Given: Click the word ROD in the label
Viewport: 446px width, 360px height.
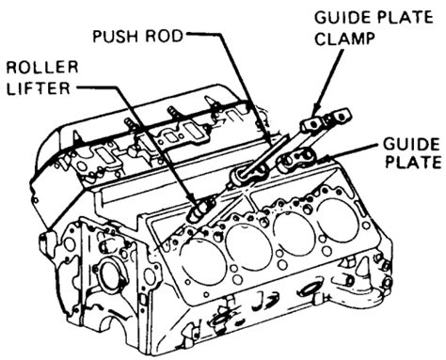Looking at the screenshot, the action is coord(164,36).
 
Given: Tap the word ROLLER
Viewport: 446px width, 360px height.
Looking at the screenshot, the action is coord(42,67).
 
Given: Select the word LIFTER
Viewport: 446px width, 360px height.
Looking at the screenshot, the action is coord(39,88).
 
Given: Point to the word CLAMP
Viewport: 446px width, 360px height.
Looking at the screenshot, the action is coord(345,39).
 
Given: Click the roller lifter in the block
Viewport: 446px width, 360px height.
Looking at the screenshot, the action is coord(200,211).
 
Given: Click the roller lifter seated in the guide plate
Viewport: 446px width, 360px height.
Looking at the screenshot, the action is coord(248,174).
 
